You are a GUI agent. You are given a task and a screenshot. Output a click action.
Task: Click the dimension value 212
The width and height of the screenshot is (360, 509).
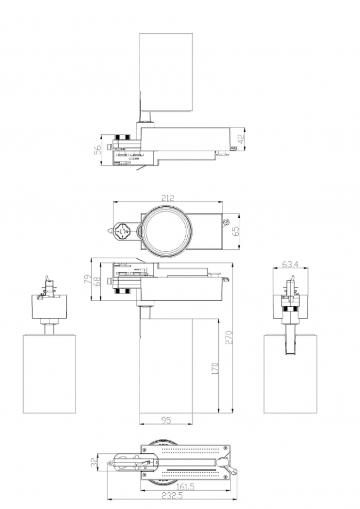167,198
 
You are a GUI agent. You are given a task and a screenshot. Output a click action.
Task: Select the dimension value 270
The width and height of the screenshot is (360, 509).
229,337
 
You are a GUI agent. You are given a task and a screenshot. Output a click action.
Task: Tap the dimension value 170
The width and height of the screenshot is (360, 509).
215,369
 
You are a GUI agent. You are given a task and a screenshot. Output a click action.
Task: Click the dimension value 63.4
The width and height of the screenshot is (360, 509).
290,264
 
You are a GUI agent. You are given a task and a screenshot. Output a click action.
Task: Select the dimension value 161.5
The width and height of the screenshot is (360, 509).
185,487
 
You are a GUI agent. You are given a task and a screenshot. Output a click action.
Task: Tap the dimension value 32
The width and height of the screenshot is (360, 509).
94,462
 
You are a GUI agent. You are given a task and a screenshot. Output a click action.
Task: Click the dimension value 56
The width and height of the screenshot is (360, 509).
98,150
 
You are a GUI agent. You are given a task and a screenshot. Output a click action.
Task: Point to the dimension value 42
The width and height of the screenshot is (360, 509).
241,140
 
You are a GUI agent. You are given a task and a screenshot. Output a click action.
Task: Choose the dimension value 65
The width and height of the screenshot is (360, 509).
236,230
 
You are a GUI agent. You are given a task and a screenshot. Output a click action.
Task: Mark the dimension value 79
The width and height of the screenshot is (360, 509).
88,280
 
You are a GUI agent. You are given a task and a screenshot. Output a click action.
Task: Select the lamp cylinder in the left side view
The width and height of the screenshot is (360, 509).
49,374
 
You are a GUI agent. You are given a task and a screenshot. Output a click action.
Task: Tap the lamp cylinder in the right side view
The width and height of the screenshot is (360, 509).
291,374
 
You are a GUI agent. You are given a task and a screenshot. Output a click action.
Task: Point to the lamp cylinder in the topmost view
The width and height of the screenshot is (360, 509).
166,73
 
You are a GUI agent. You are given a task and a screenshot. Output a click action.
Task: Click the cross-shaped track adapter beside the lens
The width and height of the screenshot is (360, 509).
123,231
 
